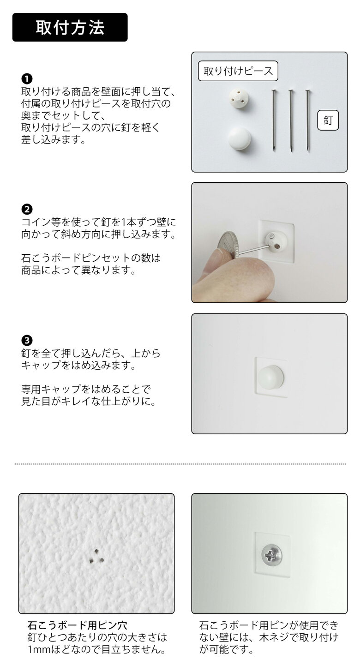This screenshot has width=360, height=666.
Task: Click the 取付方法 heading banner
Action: [70, 27]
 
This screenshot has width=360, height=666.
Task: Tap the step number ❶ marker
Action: [27, 78]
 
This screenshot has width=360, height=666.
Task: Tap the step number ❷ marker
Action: [27, 209]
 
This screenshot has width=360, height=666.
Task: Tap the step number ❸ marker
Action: [27, 341]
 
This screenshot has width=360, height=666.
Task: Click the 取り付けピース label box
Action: [238, 71]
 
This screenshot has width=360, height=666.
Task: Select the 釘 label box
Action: [328, 121]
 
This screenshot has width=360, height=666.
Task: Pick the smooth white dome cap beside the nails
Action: [240, 139]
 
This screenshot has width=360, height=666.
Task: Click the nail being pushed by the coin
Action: [252, 250]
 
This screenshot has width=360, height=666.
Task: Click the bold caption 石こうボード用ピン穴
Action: [77, 626]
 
